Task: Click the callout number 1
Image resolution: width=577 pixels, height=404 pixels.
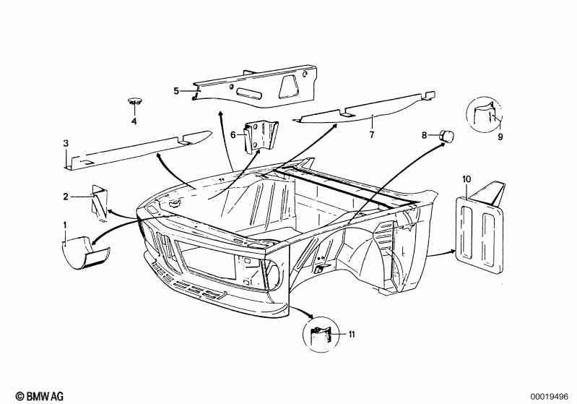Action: (x=65, y=225)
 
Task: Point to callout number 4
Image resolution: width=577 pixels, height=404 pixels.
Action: (x=134, y=121)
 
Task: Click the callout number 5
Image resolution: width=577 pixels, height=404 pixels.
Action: (x=175, y=90)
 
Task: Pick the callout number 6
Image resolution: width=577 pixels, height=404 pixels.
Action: (x=233, y=134)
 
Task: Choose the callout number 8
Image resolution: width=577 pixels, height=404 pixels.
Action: (x=425, y=134)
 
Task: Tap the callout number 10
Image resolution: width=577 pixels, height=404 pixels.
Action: (x=467, y=178)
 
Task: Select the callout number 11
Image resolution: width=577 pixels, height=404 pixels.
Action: (x=352, y=334)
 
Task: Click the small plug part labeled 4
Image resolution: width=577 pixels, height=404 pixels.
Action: (x=134, y=100)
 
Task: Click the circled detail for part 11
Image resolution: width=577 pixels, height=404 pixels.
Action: (x=320, y=335)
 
